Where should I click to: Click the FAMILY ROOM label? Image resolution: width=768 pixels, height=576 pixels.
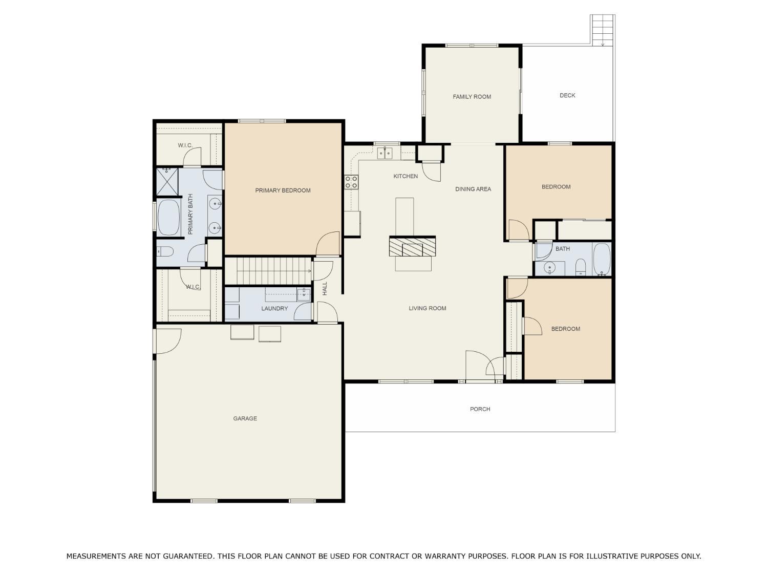click(x=472, y=97)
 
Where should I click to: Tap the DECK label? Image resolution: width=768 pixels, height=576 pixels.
click(x=567, y=95)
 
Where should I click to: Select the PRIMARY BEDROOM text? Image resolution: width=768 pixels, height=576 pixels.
click(x=283, y=190)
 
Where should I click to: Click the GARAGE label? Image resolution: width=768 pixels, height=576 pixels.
click(x=245, y=418)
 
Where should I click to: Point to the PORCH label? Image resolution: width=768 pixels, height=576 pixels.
click(x=480, y=409)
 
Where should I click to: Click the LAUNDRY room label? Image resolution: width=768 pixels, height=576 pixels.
click(x=274, y=308)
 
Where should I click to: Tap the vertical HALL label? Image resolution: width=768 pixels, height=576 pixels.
click(x=325, y=288)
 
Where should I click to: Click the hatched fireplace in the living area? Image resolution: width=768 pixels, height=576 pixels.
click(x=412, y=246)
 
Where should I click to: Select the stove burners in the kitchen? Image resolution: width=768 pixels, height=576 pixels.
click(x=351, y=182)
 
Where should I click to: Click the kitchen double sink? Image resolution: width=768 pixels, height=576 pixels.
click(x=385, y=153)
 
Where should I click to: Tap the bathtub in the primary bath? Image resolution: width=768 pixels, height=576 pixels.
click(x=168, y=217)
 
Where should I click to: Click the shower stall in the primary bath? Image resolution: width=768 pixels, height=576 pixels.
click(x=167, y=182)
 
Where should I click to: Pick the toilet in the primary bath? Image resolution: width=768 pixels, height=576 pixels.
click(x=165, y=251)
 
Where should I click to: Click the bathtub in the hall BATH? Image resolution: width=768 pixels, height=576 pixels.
click(x=601, y=259)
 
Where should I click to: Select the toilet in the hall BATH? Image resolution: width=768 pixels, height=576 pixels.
click(x=580, y=267)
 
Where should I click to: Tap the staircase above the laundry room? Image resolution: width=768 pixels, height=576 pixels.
click(x=268, y=271)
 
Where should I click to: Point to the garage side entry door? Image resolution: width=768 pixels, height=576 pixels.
click(x=166, y=340)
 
